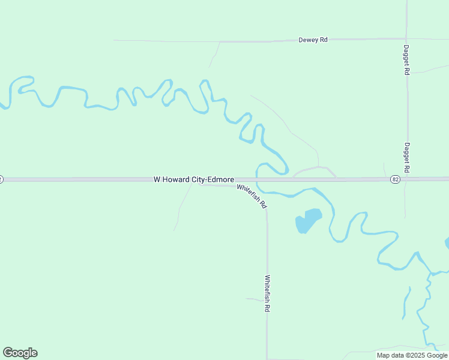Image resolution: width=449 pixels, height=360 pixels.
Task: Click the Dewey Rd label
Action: pyautogui.click(x=313, y=40)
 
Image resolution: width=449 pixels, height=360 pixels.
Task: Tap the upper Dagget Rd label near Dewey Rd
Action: pyautogui.click(x=406, y=59)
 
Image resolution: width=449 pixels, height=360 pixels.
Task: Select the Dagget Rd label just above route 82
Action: pyautogui.click(x=406, y=157)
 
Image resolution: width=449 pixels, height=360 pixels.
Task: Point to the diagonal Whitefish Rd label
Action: pyautogui.click(x=252, y=196)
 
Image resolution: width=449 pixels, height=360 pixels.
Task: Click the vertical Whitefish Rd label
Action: pyautogui.click(x=267, y=293)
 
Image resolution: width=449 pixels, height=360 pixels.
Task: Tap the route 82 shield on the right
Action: pyautogui.click(x=395, y=179)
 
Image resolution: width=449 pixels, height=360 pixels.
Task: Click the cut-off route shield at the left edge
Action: pyautogui.click(x=1, y=179)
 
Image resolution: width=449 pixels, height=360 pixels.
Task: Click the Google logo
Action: pyautogui.click(x=20, y=353)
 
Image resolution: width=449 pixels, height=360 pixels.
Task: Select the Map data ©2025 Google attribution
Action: pyautogui.click(x=412, y=355)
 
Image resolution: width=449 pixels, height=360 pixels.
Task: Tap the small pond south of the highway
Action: pyautogui.click(x=308, y=220)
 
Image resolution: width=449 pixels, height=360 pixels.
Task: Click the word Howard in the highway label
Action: pyautogui.click(x=177, y=179)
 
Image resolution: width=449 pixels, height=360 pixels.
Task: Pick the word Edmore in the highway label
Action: pyautogui.click(x=221, y=179)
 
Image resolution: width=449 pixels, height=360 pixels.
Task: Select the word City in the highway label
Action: pyautogui.click(x=200, y=179)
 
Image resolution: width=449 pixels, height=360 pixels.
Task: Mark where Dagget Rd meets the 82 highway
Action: pyautogui.click(x=407, y=179)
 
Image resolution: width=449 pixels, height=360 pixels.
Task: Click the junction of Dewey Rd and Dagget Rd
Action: pyautogui.click(x=406, y=39)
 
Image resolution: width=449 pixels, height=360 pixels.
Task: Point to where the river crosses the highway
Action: pyautogui.click(x=257, y=179)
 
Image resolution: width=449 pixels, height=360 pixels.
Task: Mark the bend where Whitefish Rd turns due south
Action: pyautogui.click(x=267, y=210)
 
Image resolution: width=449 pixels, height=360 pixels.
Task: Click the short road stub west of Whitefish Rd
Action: pyautogui.click(x=253, y=299)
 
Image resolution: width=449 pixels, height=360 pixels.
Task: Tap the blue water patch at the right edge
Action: pyautogui.click(x=447, y=243)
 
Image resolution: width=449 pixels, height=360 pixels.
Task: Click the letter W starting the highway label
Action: pyautogui.click(x=157, y=179)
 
